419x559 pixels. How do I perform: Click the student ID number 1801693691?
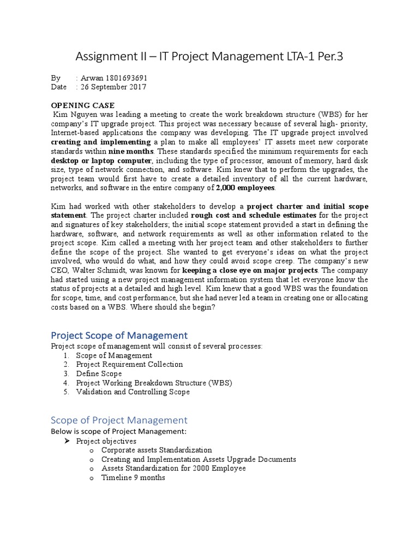(x=124, y=78)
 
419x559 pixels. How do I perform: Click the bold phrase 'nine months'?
(x=131, y=151)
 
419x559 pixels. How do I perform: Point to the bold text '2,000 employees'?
(x=246, y=188)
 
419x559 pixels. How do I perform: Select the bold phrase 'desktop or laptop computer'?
(x=101, y=160)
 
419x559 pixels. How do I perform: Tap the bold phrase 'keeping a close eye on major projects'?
(x=250, y=271)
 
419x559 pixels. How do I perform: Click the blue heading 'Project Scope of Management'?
(x=119, y=335)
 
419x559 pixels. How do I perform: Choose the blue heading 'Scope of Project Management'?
(x=119, y=420)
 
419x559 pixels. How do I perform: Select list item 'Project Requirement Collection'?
(x=129, y=364)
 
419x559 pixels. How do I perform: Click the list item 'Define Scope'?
(x=99, y=373)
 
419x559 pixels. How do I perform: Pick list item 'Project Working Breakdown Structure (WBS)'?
(x=154, y=383)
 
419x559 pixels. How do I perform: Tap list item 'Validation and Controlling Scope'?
(x=133, y=392)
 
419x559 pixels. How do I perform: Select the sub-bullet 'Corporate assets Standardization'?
(x=157, y=450)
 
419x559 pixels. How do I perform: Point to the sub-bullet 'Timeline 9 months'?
(x=133, y=478)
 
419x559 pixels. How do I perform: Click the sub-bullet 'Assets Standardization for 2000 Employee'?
(x=173, y=468)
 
